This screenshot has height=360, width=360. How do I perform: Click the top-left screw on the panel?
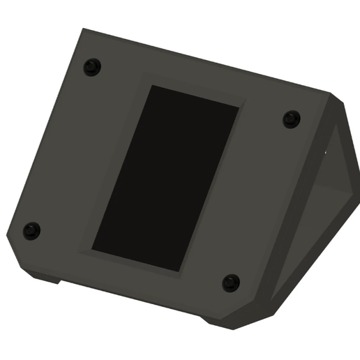tap(92, 68)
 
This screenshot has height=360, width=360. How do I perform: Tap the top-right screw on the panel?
tap(292, 119)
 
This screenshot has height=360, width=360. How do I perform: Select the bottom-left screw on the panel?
tap(31, 230)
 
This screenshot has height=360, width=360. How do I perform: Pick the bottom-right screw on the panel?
tap(231, 283)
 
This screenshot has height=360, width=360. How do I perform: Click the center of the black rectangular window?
tap(166, 179)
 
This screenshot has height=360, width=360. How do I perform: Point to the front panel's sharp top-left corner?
tap(82, 29)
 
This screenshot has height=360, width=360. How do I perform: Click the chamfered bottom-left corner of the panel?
tap(14, 248)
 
